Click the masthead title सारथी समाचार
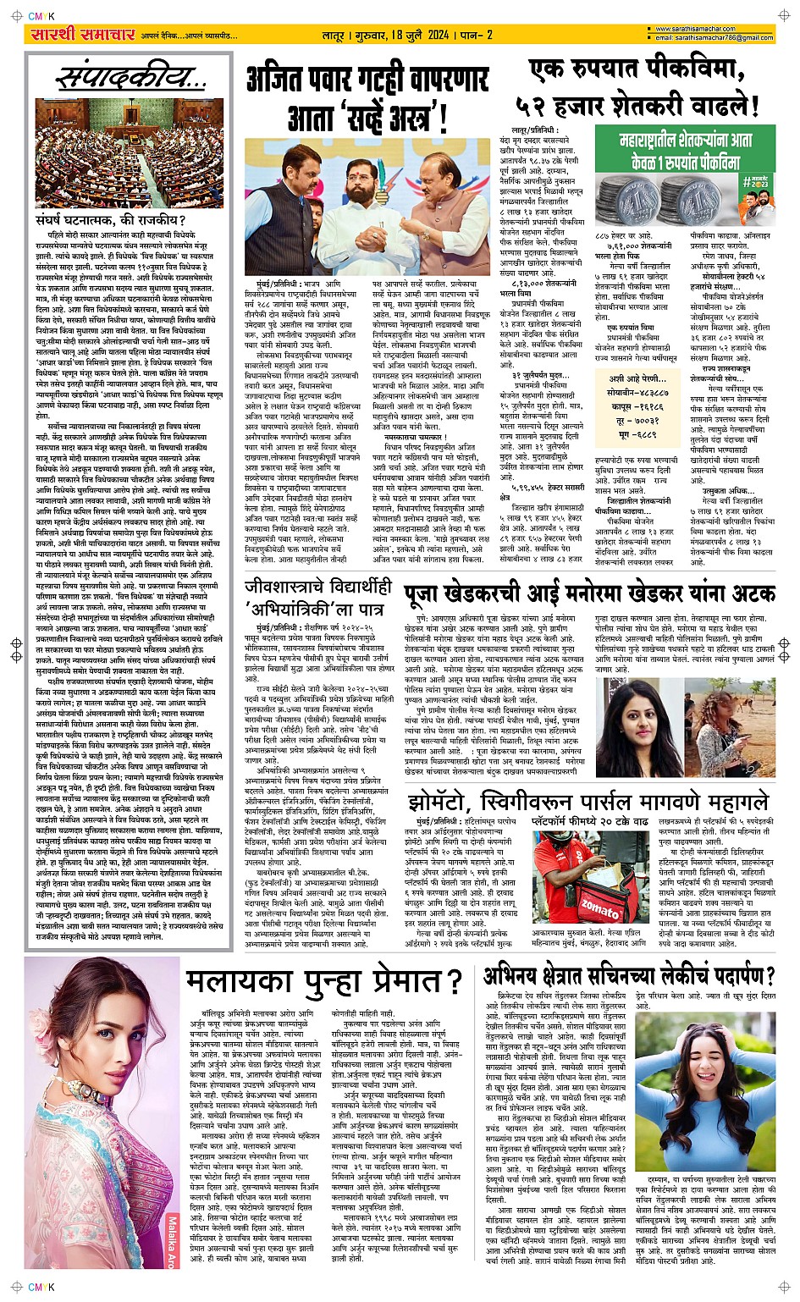coord(82,35)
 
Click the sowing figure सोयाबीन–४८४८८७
coord(637,392)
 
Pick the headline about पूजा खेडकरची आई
coord(588,593)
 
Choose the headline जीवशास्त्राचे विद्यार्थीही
coord(318,587)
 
